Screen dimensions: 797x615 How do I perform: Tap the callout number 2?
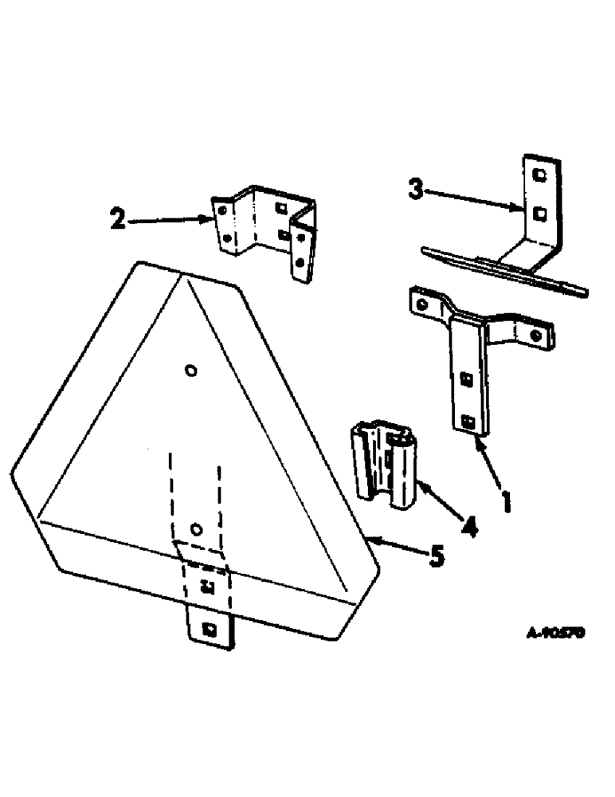click(118, 218)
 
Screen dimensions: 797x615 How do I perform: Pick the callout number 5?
click(436, 556)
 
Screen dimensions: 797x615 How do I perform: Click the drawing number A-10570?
click(556, 632)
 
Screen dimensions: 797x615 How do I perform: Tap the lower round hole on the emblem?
click(197, 529)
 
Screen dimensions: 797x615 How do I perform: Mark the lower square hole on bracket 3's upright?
click(539, 212)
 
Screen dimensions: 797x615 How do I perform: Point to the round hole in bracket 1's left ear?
click(422, 303)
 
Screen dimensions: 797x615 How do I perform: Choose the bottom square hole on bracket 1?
click(468, 421)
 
